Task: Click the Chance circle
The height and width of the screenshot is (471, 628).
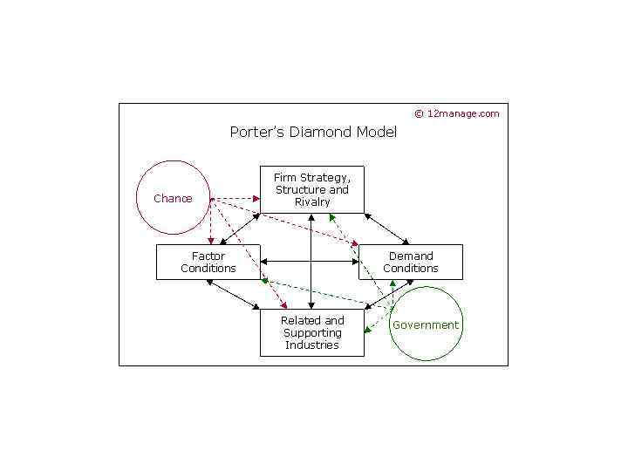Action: (174, 198)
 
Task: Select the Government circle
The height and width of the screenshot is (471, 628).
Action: (425, 324)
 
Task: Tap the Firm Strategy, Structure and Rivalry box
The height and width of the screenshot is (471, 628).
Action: (311, 189)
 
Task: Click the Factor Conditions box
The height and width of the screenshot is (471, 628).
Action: (208, 262)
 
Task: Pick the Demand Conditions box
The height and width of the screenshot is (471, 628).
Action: (410, 262)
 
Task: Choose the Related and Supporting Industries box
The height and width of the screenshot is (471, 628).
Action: (311, 332)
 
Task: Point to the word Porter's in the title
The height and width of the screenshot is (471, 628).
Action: (253, 133)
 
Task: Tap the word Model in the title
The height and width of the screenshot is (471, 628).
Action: (377, 133)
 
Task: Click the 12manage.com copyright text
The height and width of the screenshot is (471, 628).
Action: (463, 113)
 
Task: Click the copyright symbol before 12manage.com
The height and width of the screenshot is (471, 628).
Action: (419, 113)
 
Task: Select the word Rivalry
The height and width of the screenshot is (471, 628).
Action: (312, 201)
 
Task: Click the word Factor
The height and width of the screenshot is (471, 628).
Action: (208, 256)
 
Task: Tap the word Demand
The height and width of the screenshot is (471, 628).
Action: (411, 256)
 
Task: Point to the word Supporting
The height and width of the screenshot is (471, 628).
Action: (312, 332)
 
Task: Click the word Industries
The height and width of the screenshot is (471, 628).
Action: (312, 345)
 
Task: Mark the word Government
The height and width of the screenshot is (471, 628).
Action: (426, 325)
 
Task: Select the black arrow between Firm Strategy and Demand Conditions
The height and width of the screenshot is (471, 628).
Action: (386, 228)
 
